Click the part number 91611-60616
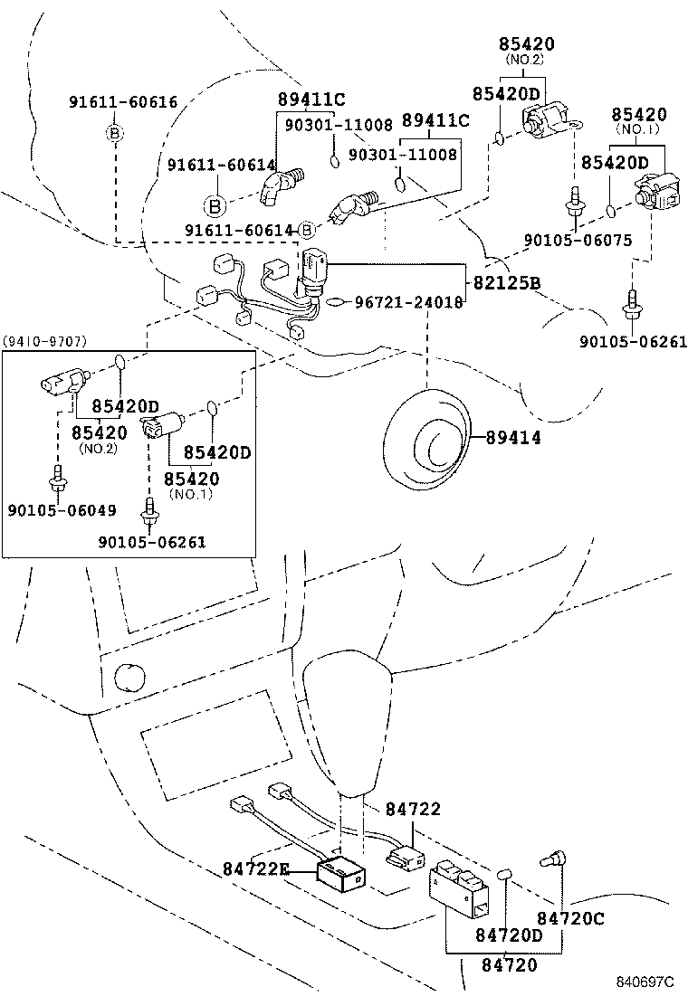coord(123,102)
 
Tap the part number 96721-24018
coord(408,302)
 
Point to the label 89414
coord(513,437)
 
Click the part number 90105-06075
coord(578,240)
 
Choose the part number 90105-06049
coord(62,510)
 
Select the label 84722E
coord(256,869)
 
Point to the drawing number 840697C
coord(646,982)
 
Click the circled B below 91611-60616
coord(115,134)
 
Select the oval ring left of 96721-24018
coord(333,302)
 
